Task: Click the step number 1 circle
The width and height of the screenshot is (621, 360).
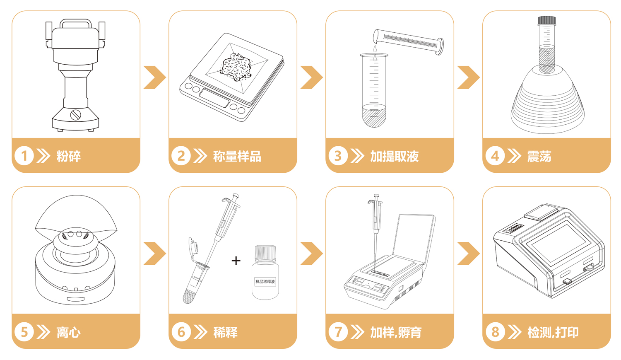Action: pyautogui.click(x=24, y=156)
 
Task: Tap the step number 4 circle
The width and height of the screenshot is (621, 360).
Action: pyautogui.click(x=495, y=156)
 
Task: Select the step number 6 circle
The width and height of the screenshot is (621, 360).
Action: pyautogui.click(x=181, y=332)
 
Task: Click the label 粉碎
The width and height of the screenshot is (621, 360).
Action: pyautogui.click(x=68, y=156)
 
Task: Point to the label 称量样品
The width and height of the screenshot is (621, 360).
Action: pyautogui.click(x=237, y=156)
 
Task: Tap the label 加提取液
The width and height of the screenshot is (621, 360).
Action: pyautogui.click(x=394, y=156)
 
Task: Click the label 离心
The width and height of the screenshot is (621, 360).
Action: pyautogui.click(x=68, y=332)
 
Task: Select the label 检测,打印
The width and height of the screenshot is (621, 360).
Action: pyautogui.click(x=553, y=332)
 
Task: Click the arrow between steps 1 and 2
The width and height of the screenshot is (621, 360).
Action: pyautogui.click(x=155, y=77)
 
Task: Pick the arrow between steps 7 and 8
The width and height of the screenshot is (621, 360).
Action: pyautogui.click(x=469, y=253)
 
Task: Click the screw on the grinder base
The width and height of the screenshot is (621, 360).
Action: pyautogui.click(x=75, y=115)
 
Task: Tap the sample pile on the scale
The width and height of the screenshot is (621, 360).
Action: pyautogui.click(x=236, y=67)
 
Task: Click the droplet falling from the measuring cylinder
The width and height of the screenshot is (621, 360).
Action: pyautogui.click(x=375, y=49)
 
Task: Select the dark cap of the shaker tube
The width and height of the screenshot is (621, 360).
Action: pyautogui.click(x=547, y=20)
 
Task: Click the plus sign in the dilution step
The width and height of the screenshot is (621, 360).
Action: pyautogui.click(x=236, y=261)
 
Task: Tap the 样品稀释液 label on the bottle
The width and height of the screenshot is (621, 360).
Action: pyautogui.click(x=265, y=282)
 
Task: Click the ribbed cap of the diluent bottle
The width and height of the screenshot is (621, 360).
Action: pyautogui.click(x=265, y=253)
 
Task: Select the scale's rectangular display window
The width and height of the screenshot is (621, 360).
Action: pyautogui.click(x=214, y=98)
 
